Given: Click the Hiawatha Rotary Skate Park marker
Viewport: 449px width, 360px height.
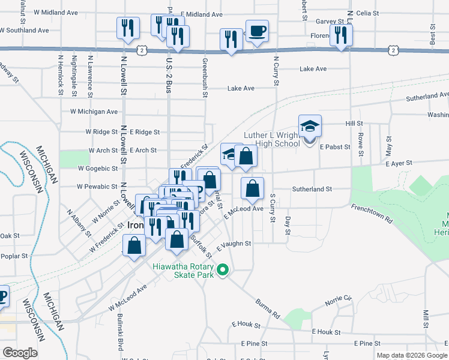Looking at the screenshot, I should [223, 269].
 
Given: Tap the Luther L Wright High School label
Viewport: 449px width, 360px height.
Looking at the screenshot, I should [271, 139].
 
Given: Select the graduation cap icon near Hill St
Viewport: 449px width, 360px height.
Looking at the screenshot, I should [310, 126].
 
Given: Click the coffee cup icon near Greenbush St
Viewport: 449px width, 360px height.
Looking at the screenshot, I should [257, 31].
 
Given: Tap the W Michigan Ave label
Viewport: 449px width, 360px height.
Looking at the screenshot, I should [94, 112].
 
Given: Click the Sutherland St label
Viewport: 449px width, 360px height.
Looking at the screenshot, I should [312, 189].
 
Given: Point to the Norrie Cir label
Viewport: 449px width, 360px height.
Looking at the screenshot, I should [338, 300].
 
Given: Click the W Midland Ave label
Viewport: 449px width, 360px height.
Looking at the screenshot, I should [56, 12].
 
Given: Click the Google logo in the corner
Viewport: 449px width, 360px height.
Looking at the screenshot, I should [20, 353].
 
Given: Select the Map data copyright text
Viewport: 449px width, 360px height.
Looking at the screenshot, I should [412, 355].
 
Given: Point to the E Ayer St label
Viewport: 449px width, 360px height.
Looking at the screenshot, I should [399, 163].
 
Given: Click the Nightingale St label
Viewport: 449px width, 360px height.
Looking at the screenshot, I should [74, 76].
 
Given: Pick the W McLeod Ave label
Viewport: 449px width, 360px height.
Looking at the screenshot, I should [127, 298].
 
